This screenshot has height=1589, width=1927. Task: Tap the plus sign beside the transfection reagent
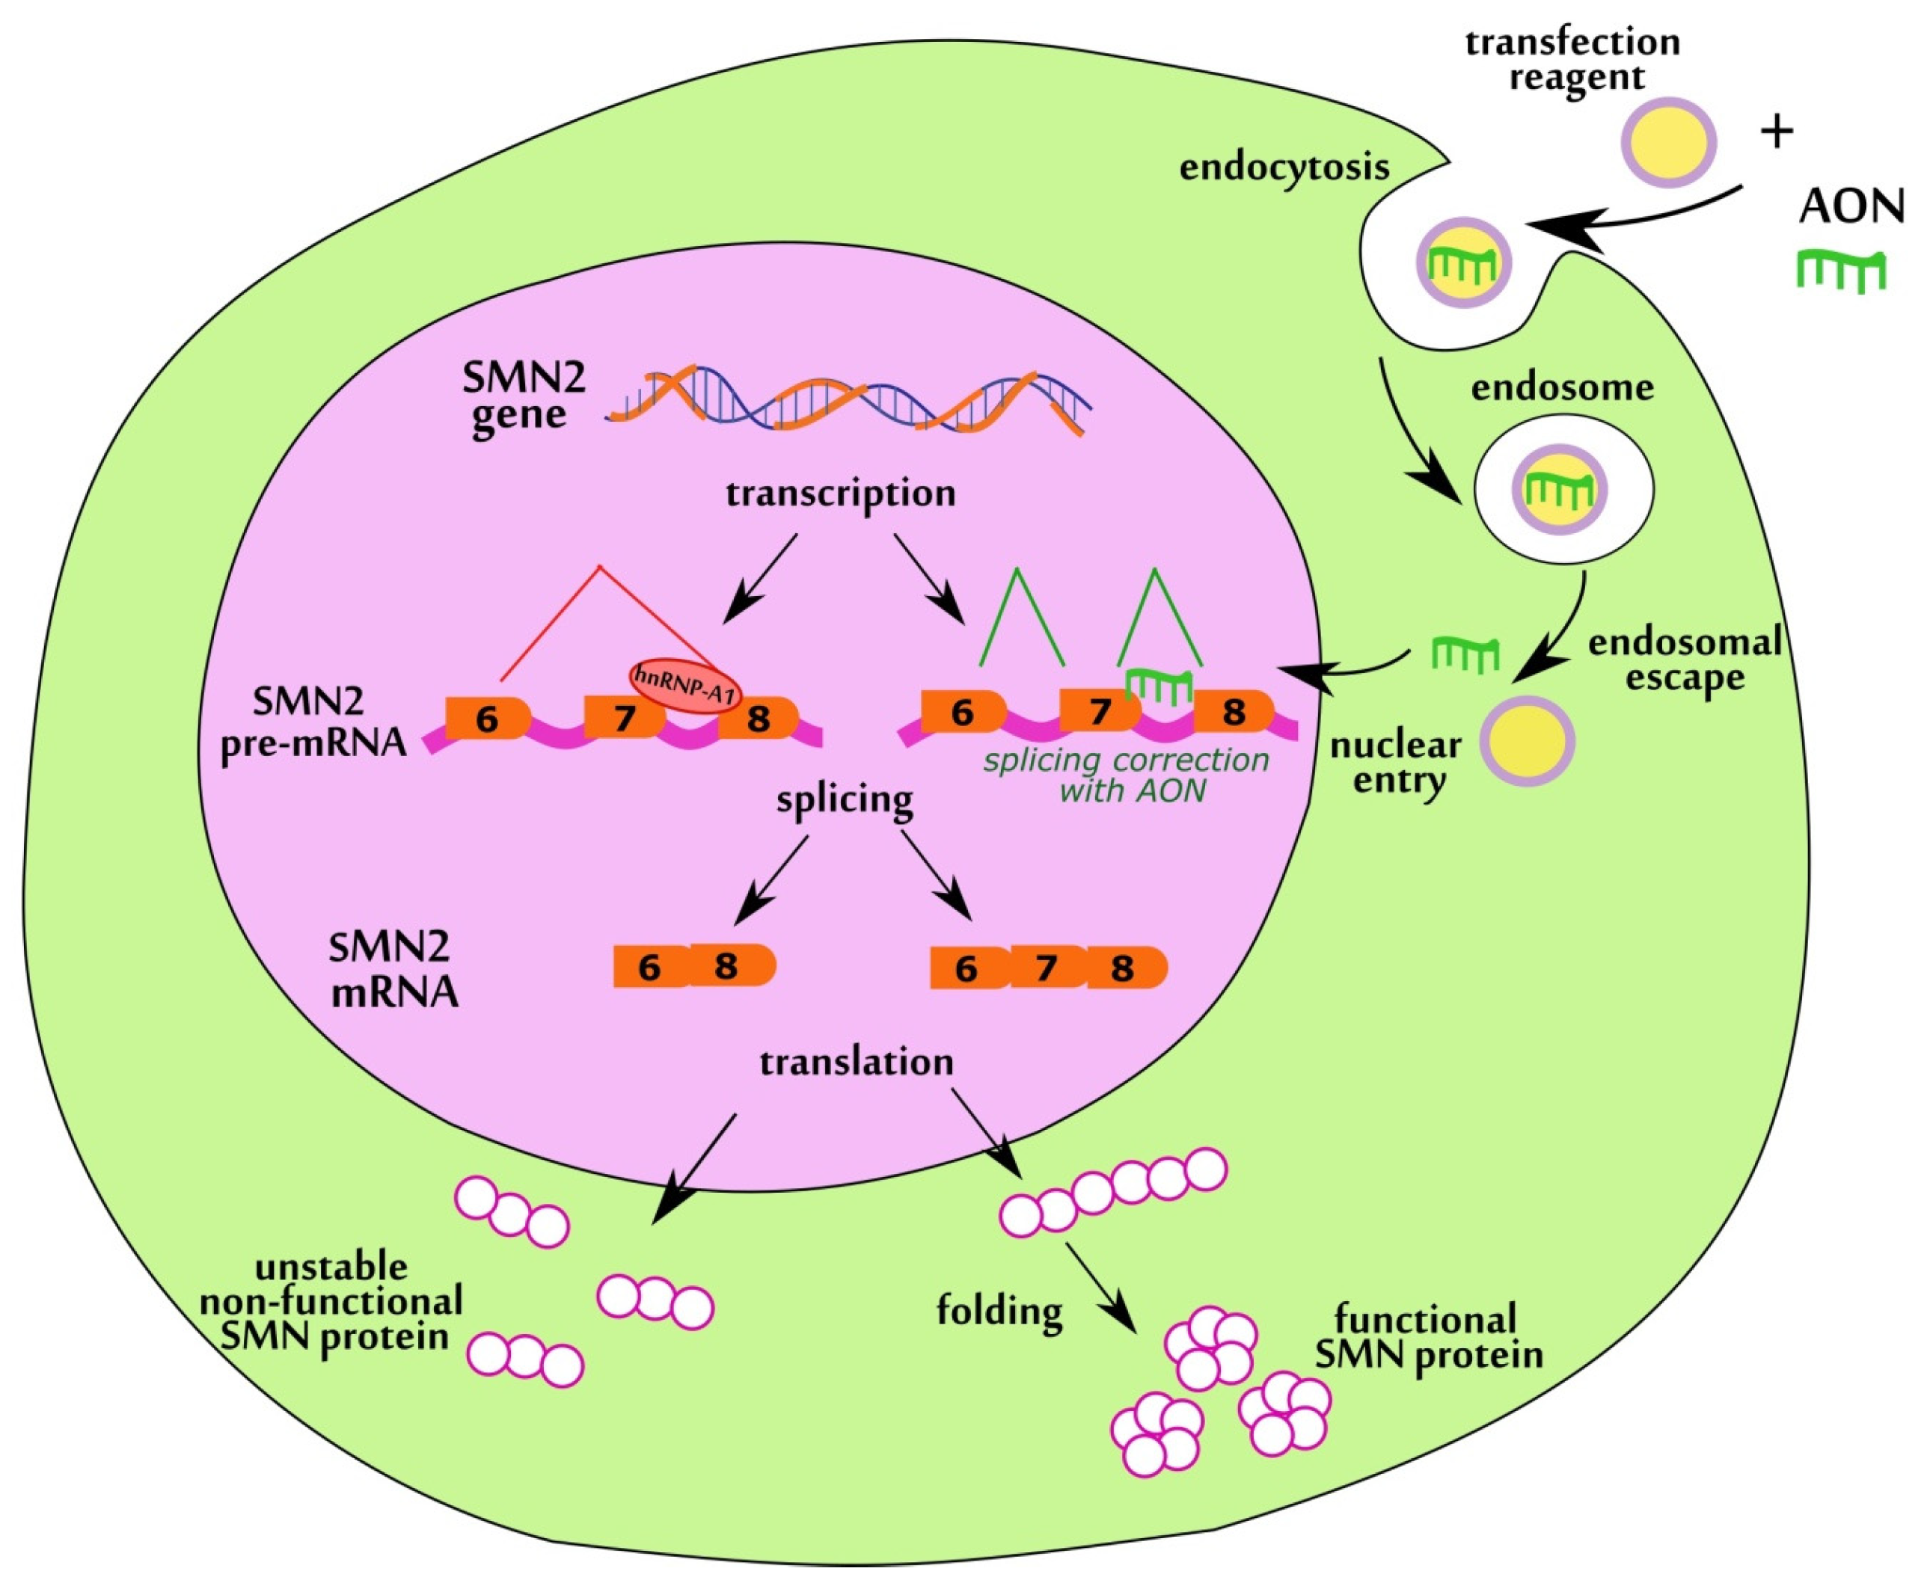[1776, 132]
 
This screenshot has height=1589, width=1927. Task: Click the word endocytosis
[1284, 167]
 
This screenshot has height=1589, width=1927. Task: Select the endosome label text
[1562, 388]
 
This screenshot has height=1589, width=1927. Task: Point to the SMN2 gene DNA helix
[847, 403]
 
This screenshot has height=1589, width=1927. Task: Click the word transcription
[840, 494]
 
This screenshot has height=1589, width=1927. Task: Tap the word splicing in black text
[844, 799]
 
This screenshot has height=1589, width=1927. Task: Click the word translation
[856, 1062]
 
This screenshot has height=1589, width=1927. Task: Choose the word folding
[999, 1312]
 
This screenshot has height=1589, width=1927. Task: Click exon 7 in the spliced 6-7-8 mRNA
[1046, 968]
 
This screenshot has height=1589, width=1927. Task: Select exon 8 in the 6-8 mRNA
[729, 965]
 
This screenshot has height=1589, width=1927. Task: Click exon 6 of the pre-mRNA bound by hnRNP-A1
[486, 719]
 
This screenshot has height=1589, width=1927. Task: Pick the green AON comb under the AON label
[1841, 272]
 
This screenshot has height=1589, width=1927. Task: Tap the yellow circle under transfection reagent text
[1669, 142]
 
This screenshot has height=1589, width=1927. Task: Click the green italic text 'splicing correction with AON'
[1126, 775]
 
